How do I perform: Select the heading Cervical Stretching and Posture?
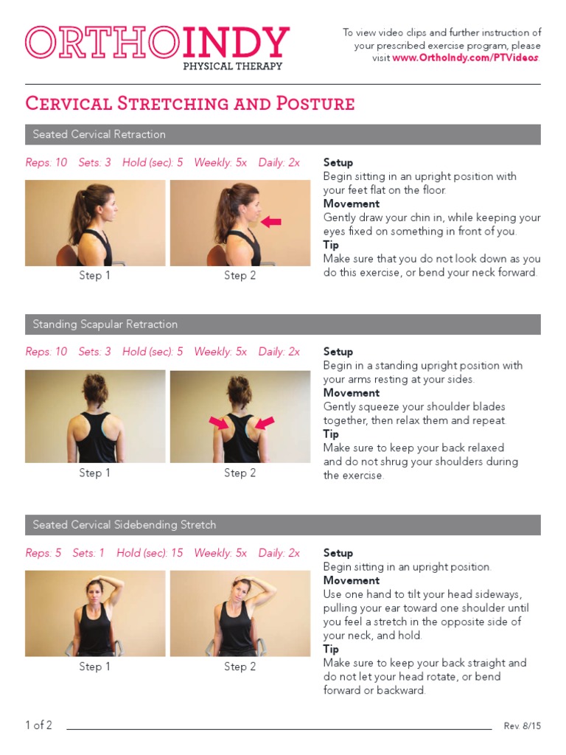click(x=189, y=103)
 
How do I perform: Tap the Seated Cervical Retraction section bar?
click(x=283, y=134)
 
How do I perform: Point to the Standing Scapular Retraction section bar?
click(x=283, y=324)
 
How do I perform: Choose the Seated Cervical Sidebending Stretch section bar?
click(x=283, y=525)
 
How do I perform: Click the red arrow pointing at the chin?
click(x=270, y=220)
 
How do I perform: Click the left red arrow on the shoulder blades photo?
click(x=219, y=422)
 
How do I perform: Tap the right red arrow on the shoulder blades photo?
click(x=263, y=422)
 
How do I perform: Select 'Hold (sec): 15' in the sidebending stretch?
click(x=150, y=553)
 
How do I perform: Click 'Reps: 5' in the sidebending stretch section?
click(x=43, y=553)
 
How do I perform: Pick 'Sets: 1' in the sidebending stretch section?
click(x=88, y=553)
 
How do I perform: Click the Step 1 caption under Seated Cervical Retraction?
click(x=95, y=276)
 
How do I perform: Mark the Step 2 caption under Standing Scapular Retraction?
click(x=240, y=473)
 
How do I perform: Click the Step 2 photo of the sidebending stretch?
click(x=240, y=613)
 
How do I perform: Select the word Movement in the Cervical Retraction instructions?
click(x=352, y=203)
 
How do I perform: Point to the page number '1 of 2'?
click(x=38, y=726)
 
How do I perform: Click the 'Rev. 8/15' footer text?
click(x=522, y=726)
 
